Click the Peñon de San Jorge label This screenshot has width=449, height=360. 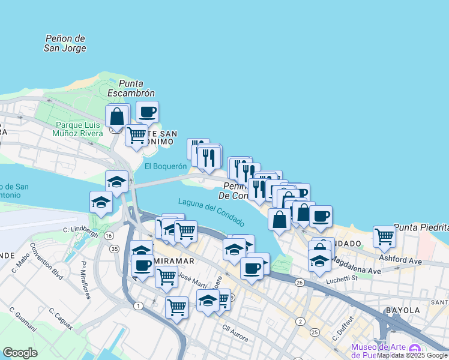[x=65, y=43]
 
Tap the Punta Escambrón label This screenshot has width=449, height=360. [x=131, y=88]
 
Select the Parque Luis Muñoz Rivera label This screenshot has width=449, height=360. [x=79, y=129]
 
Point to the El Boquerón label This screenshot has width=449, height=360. [x=161, y=166]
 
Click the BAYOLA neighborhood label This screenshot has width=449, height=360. [x=403, y=310]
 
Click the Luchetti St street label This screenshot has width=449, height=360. [x=342, y=278]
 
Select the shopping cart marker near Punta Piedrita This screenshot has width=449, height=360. [x=384, y=236]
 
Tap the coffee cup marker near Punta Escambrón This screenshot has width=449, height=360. [x=147, y=111]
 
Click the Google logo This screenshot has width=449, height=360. [x=20, y=353]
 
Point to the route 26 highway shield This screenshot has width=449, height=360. [x=300, y=283]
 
